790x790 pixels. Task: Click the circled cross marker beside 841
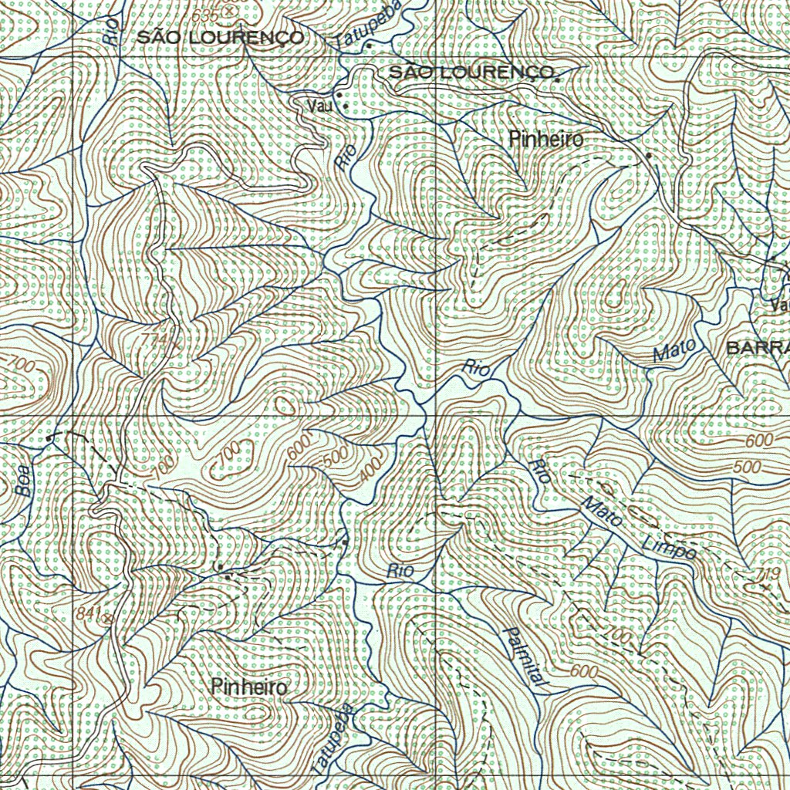click(x=107, y=617)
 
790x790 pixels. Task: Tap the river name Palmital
click(x=524, y=657)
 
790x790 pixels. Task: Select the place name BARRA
click(x=757, y=347)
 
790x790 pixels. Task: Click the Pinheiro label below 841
click(x=248, y=687)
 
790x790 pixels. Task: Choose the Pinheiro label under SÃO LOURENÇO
click(x=546, y=140)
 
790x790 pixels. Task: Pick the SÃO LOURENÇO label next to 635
click(x=220, y=38)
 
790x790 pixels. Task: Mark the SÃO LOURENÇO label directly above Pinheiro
click(x=472, y=73)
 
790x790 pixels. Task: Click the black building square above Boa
click(x=50, y=438)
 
